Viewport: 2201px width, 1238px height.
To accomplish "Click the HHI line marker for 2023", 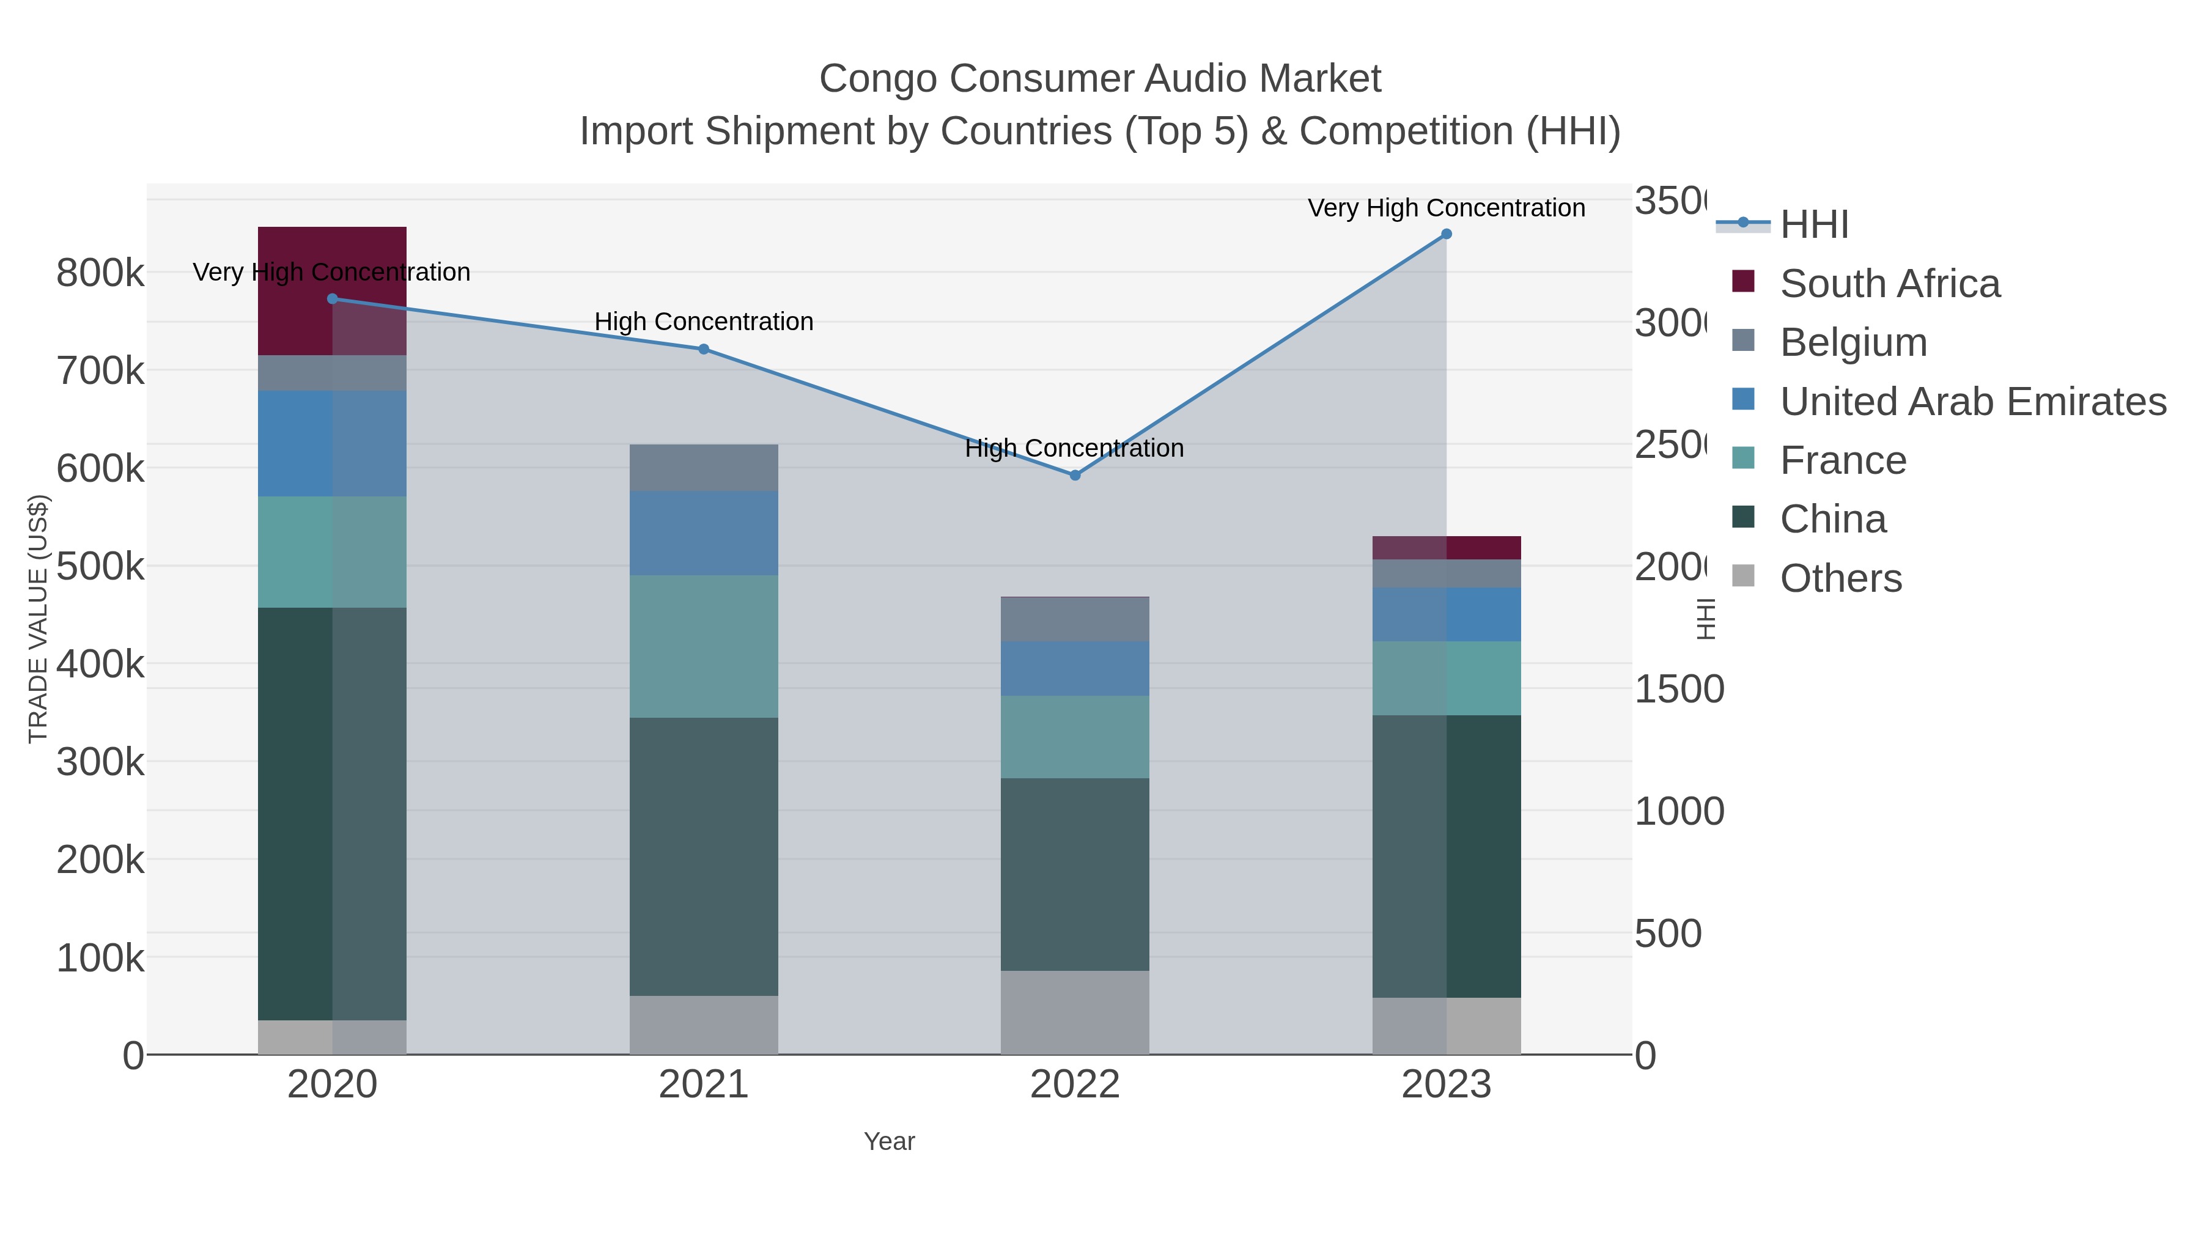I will [x=1446, y=234].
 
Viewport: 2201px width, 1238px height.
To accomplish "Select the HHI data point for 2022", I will [x=1075, y=475].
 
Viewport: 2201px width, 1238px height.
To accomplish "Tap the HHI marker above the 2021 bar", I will [x=703, y=348].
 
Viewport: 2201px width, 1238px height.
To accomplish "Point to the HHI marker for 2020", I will [x=333, y=299].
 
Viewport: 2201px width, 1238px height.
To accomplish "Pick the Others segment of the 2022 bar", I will [x=1075, y=1012].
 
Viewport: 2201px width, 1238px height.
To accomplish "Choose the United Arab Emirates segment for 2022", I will [x=1075, y=668].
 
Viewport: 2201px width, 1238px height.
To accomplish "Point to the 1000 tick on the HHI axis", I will [x=1678, y=812].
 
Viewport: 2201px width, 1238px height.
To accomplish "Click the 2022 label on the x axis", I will [x=1075, y=1084].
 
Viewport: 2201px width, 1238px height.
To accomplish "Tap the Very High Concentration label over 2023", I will [x=1446, y=208].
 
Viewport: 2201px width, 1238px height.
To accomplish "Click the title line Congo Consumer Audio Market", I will [x=1100, y=79].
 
